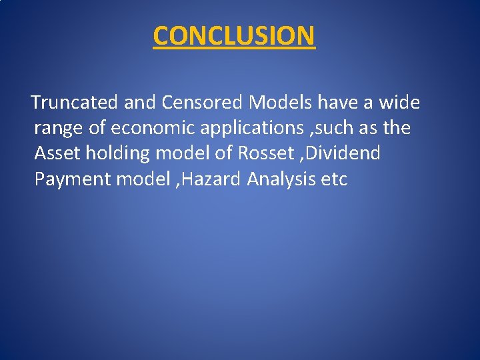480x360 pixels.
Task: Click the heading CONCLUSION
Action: [233, 36]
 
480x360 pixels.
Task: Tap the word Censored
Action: [201, 103]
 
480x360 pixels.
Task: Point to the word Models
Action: [281, 103]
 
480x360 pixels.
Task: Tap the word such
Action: [342, 128]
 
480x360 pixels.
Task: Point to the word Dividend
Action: [347, 153]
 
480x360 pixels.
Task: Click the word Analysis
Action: [280, 179]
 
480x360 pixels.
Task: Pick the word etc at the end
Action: [334, 179]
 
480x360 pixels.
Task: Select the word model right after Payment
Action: [142, 179]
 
